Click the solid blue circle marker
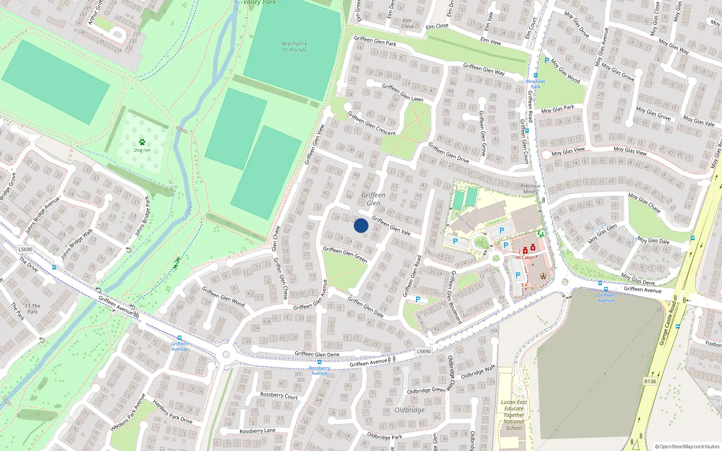pos(361,225)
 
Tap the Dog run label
pos(142,150)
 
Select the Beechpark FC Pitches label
pos(294,47)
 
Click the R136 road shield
pos(650,382)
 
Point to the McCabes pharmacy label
pos(525,258)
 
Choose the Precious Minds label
pos(530,189)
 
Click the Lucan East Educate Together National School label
pos(514,415)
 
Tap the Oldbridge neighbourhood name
pos(409,410)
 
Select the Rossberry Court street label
pos(279,396)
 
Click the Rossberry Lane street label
pos(257,431)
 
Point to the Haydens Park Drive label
pos(172,411)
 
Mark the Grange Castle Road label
pos(668,323)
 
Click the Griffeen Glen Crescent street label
pos(371,124)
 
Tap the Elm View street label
pos(491,41)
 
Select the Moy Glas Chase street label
pos(644,203)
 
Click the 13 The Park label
pos(32,308)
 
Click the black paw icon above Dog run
pos(142,142)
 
